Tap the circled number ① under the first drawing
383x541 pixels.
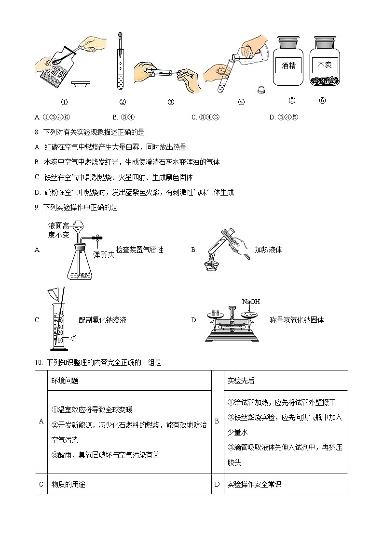(64, 102)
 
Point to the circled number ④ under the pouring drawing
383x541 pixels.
(241, 102)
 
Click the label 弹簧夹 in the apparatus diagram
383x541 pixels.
(104, 254)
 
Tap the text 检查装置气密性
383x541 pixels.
(139, 250)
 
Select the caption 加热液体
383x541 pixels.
(268, 250)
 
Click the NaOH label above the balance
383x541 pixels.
(251, 302)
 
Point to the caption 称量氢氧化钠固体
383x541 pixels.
(297, 320)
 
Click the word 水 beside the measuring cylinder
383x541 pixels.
(73, 338)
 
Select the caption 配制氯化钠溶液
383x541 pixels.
(102, 320)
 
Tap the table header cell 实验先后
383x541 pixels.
(241, 381)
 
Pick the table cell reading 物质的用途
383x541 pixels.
(68, 484)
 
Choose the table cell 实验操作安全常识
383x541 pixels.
(254, 484)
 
